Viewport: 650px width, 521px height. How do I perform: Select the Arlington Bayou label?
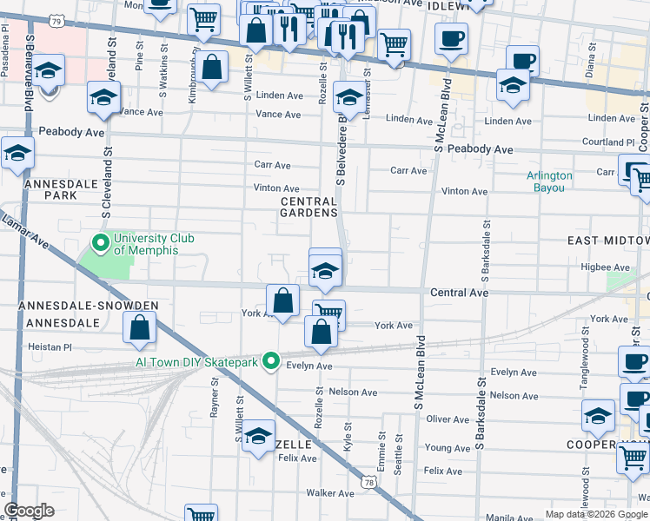point(549,181)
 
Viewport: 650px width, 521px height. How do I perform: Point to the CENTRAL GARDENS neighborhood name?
point(308,207)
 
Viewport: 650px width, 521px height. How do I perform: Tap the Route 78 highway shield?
point(370,480)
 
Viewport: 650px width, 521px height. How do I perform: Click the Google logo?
point(30,511)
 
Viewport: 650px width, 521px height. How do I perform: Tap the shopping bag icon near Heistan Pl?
point(140,328)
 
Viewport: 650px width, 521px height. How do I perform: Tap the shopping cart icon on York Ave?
point(328,313)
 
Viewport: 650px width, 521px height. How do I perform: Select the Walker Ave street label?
point(331,493)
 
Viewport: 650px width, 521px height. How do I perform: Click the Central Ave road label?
point(459,293)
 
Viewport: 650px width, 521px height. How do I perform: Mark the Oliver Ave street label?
point(448,419)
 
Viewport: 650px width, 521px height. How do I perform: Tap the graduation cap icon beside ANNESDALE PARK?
point(17,154)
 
